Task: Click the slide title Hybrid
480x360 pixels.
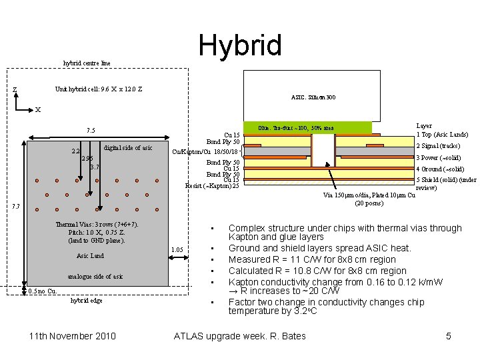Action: (240, 45)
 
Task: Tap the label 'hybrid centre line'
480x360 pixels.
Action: (87, 63)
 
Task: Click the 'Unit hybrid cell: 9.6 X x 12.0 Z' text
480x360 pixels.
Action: (98, 89)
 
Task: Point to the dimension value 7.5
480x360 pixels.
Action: (91, 130)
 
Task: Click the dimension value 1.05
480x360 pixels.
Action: (177, 249)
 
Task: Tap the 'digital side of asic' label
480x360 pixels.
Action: (128, 147)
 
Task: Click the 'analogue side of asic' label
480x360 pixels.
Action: (95, 276)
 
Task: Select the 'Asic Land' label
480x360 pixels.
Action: (91, 256)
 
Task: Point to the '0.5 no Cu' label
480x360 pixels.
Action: (42, 291)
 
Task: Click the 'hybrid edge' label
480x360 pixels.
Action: (87, 301)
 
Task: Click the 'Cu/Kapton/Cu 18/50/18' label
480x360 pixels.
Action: (205, 152)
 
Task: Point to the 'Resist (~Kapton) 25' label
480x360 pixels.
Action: (212, 185)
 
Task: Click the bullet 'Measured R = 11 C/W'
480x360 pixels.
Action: (312, 259)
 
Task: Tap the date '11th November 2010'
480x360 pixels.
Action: (73, 336)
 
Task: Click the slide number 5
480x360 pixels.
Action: (448, 336)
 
